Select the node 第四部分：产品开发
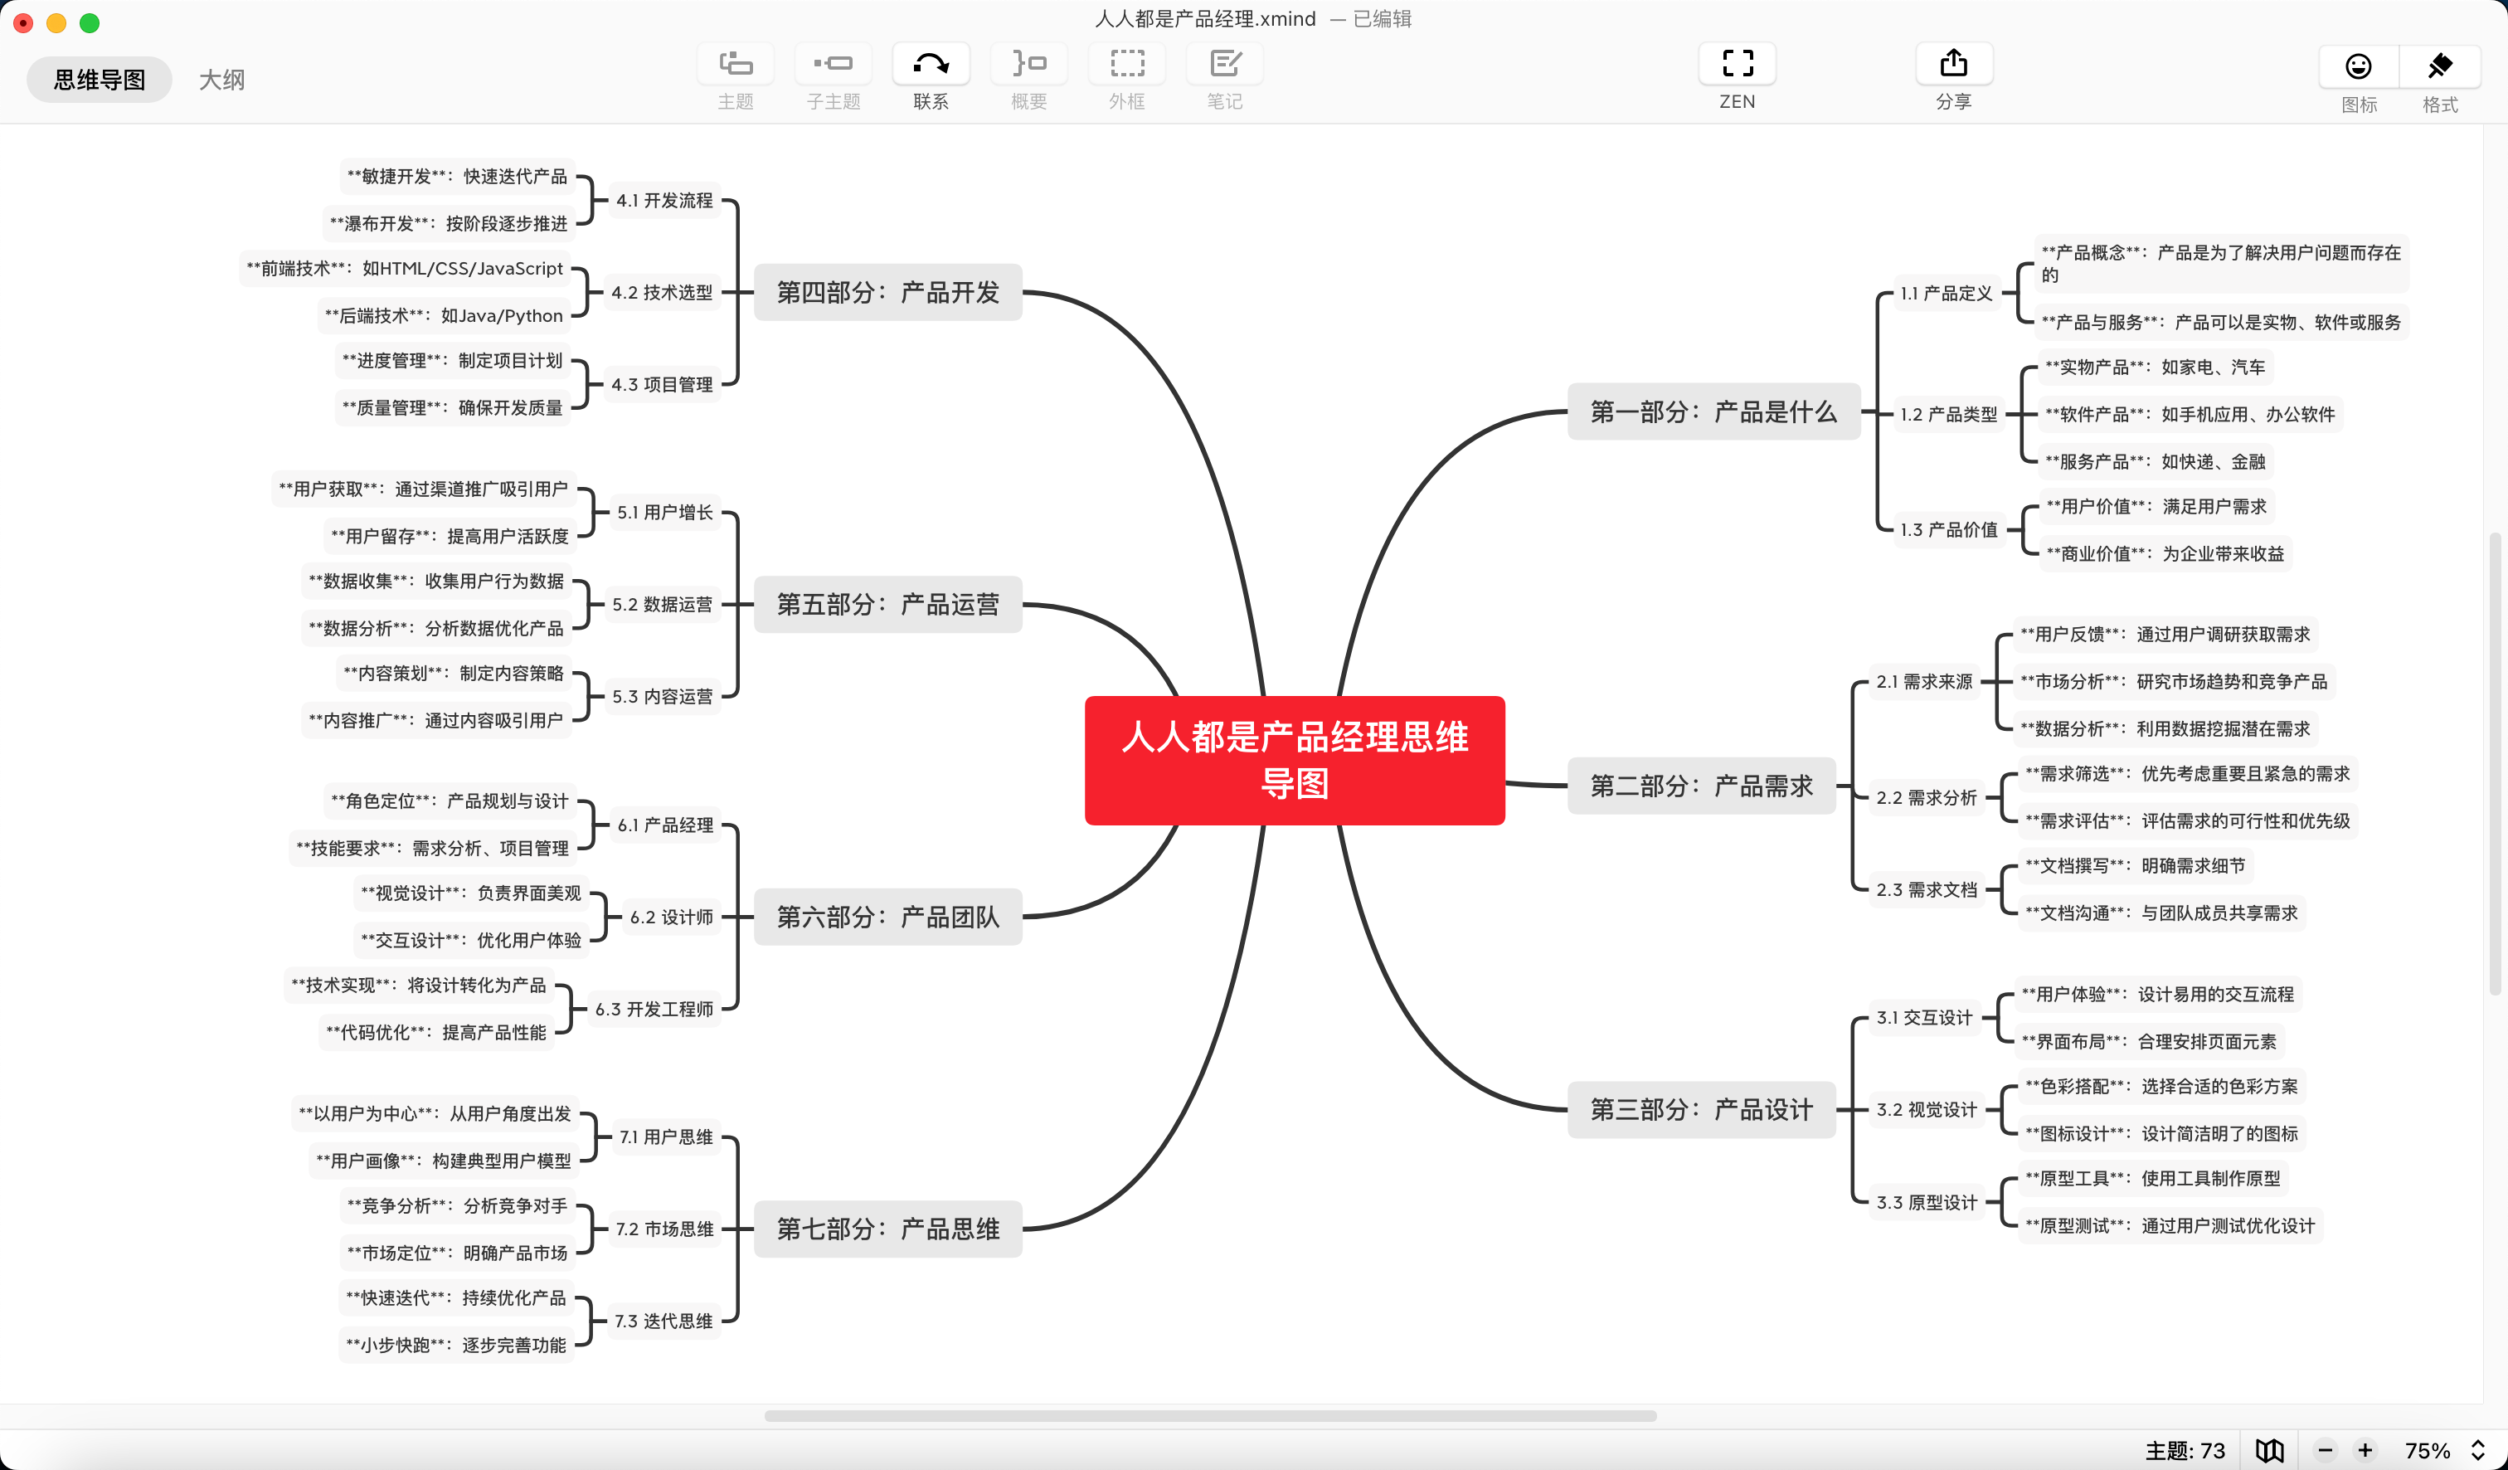[887, 292]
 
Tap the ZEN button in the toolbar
[1737, 65]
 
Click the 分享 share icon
[1952, 65]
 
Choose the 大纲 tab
[221, 80]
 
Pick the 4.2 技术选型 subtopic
[662, 293]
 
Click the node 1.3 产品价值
[1947, 529]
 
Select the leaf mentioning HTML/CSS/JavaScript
[405, 269]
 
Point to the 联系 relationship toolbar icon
[931, 65]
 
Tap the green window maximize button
[90, 23]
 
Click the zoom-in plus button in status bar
[2365, 1450]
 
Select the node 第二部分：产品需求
[1701, 786]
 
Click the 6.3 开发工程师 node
[654, 1010]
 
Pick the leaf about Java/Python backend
[444, 315]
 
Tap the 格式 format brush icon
[2439, 66]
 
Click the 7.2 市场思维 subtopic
[663, 1229]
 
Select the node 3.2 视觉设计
[1926, 1110]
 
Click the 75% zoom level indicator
[2428, 1450]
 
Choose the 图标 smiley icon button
[2358, 66]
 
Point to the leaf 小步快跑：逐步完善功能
[456, 1345]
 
